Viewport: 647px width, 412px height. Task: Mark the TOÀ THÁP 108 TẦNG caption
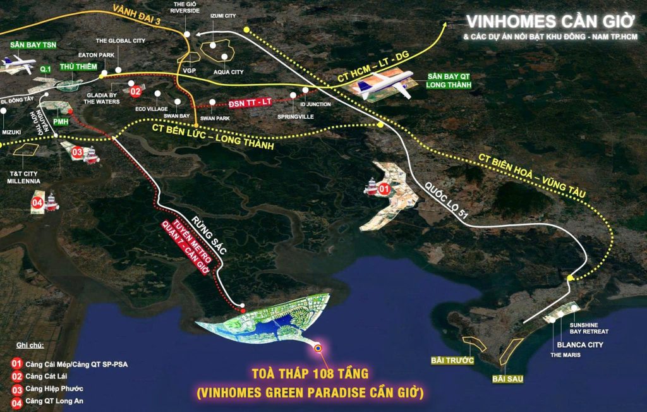(x=309, y=374)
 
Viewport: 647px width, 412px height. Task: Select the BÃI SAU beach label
(x=507, y=379)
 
